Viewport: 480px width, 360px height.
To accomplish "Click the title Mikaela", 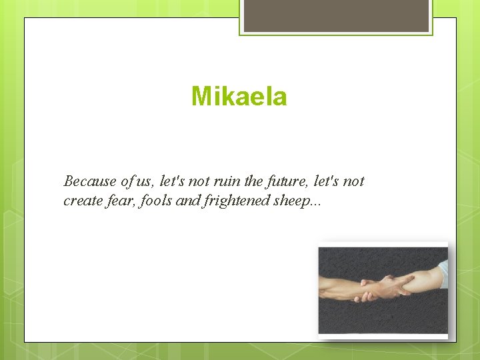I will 239,97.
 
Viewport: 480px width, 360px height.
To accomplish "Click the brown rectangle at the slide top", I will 336,15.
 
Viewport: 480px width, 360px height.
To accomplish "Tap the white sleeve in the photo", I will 441,273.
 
